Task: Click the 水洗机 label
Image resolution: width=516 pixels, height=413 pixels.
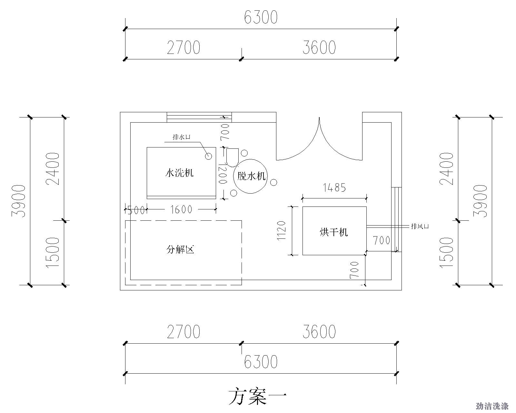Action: (180, 173)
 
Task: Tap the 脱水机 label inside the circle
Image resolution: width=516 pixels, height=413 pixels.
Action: (251, 176)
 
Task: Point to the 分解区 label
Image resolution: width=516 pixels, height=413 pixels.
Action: (180, 249)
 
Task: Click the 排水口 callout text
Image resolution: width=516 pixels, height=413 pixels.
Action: (182, 137)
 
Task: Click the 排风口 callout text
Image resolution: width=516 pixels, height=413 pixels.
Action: (420, 226)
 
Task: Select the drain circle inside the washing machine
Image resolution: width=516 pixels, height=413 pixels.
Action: (209, 156)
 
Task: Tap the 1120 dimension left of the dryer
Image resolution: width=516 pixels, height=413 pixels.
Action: (281, 231)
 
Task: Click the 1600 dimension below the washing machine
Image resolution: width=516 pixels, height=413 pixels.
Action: (181, 210)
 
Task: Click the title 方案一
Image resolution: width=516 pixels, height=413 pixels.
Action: (257, 397)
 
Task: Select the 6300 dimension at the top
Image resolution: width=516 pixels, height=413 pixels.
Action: (261, 17)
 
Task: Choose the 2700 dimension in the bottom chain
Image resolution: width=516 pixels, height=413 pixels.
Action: (183, 331)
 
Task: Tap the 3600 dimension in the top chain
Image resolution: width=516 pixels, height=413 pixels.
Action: (319, 47)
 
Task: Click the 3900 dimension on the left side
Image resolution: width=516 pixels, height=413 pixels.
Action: (18, 201)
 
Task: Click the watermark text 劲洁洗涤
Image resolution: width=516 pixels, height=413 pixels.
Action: (492, 406)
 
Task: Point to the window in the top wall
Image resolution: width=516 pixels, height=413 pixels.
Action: (199, 117)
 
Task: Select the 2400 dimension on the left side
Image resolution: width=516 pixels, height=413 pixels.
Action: (53, 169)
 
